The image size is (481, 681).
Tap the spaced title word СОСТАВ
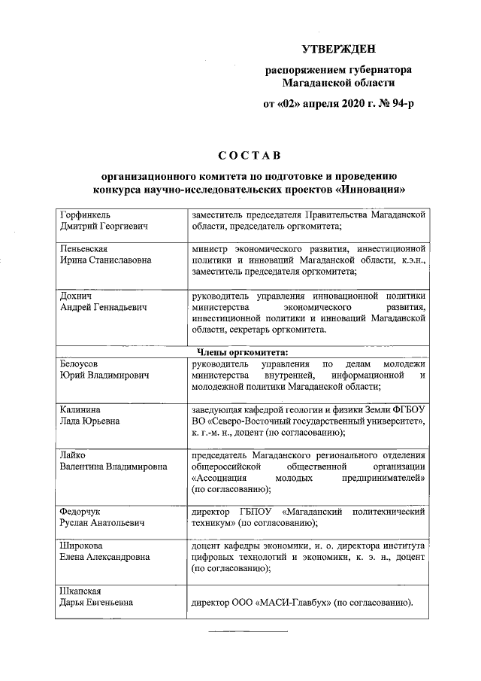coord(249,157)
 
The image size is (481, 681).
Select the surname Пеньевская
coord(84,248)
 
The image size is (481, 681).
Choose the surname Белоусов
coord(81,363)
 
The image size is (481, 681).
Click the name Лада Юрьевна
coord(89,421)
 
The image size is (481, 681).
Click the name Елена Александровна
coord(104,557)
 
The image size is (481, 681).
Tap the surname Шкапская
coord(81,590)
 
